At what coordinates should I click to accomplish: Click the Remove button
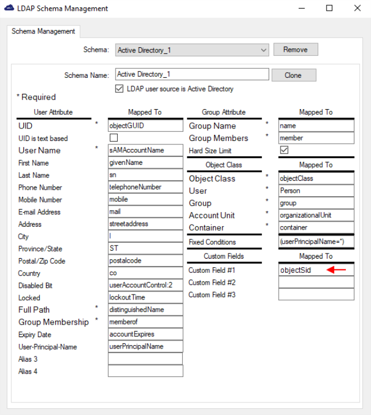click(x=295, y=49)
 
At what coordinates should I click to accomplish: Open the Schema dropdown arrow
click(x=263, y=50)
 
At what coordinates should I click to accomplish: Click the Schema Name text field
click(x=192, y=74)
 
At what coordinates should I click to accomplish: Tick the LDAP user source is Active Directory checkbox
click(x=119, y=89)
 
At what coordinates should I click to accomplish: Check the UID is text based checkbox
click(x=114, y=138)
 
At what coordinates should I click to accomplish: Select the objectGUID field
click(x=145, y=126)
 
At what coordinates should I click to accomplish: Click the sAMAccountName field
click(x=145, y=150)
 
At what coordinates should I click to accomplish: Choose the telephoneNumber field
click(x=145, y=187)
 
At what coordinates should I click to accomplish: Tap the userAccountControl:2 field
click(x=145, y=285)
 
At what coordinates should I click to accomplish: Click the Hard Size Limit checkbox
click(x=285, y=150)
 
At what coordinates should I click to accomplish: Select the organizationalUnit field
click(x=316, y=215)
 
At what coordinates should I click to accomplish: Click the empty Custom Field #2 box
click(x=316, y=282)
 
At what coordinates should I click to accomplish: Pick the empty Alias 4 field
click(x=145, y=371)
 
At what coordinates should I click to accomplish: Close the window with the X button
click(x=357, y=9)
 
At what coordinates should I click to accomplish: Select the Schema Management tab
click(x=43, y=32)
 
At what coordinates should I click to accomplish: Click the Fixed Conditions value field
click(x=316, y=242)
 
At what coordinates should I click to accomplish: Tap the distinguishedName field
click(x=145, y=310)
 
